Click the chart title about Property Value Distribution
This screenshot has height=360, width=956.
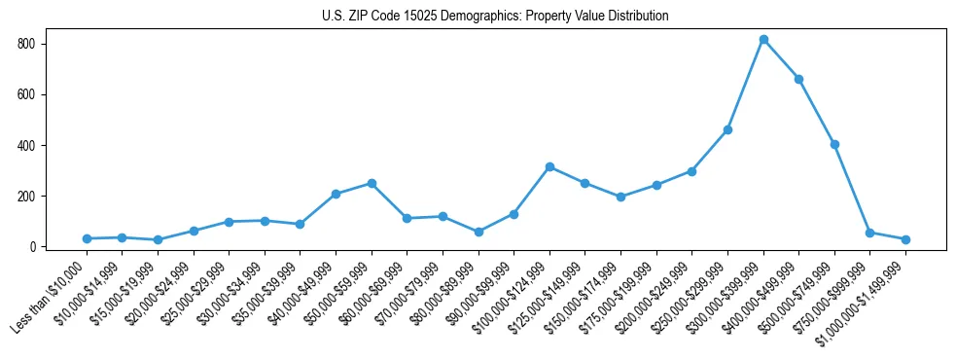[x=495, y=17]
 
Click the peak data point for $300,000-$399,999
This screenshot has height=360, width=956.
[x=763, y=40]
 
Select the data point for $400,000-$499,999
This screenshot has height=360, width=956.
[x=798, y=79]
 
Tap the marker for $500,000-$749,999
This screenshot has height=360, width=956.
[x=834, y=144]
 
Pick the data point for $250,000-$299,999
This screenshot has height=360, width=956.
[x=727, y=129]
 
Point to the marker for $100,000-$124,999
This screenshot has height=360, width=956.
[x=549, y=166]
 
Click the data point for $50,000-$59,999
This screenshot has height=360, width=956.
[x=372, y=183]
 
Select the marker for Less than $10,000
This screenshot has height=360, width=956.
[x=87, y=238]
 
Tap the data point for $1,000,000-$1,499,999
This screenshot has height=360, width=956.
[x=905, y=239]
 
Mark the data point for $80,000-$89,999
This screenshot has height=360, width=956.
[x=478, y=232]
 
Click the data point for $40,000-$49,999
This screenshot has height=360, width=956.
[x=336, y=194]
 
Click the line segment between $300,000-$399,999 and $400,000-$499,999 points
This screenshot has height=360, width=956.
[x=781, y=59]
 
